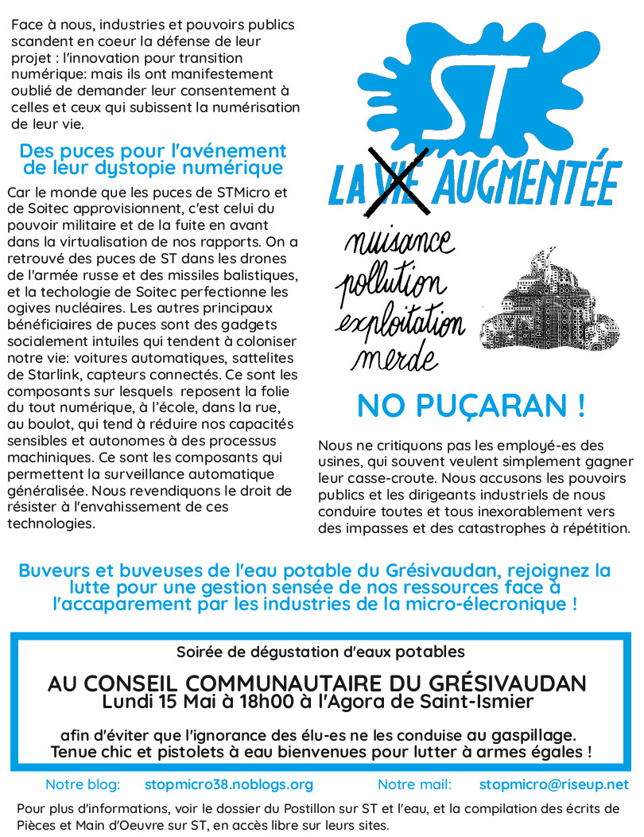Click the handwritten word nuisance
pyautogui.click(x=398, y=243)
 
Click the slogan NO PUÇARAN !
pyautogui.click(x=471, y=407)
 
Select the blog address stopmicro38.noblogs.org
pyautogui.click(x=229, y=784)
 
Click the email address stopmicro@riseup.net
pyautogui.click(x=553, y=784)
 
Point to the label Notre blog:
pyautogui.click(x=83, y=784)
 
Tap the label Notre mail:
pyautogui.click(x=414, y=784)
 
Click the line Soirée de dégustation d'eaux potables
pyautogui.click(x=320, y=652)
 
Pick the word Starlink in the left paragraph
pyautogui.click(x=64, y=373)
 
